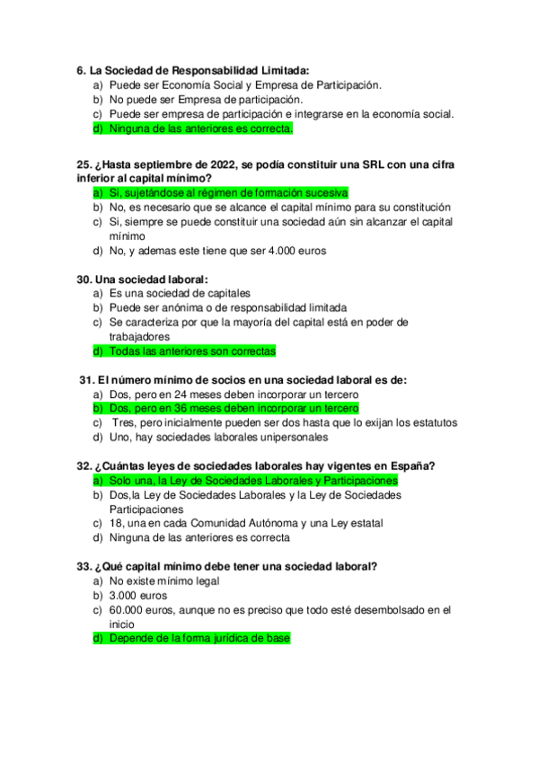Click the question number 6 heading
pyautogui.click(x=83, y=70)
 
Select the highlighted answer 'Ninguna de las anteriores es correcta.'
pyautogui.click(x=200, y=128)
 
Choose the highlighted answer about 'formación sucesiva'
pyautogui.click(x=228, y=193)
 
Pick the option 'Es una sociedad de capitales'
pyautogui.click(x=180, y=294)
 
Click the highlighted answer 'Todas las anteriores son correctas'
pyautogui.click(x=192, y=351)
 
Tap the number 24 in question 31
pyautogui.click(x=179, y=394)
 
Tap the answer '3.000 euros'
pyautogui.click(x=137, y=595)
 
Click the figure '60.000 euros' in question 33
pyautogui.click(x=144, y=609)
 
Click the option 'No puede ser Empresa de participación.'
pyautogui.click(x=206, y=100)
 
